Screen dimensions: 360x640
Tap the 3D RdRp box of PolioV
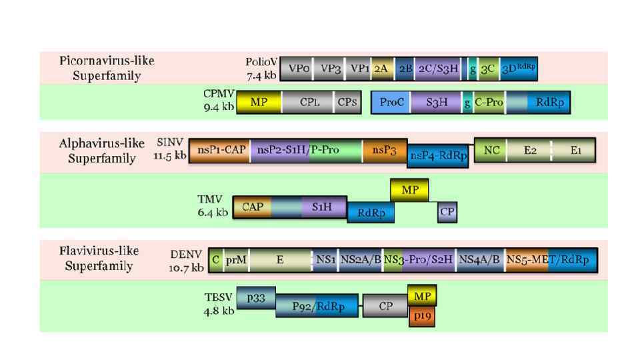[x=519, y=68]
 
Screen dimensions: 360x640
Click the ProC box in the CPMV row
[x=392, y=103]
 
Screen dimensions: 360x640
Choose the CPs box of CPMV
[x=347, y=103]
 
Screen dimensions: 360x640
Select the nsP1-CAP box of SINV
[x=220, y=151]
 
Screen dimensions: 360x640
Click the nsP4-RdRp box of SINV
[x=437, y=155]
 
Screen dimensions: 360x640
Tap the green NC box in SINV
[x=491, y=151]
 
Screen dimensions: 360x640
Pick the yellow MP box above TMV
[x=410, y=190]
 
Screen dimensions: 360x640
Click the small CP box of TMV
[x=447, y=212]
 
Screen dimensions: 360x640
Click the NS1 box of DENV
[x=326, y=260]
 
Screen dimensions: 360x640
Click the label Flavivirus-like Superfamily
[x=99, y=259]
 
